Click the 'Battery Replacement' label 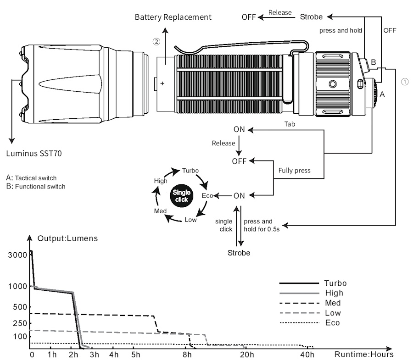(x=173, y=17)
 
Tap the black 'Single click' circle (x=181, y=195)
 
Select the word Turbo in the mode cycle (x=190, y=171)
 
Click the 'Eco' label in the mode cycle (x=207, y=195)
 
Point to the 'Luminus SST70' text (x=34, y=154)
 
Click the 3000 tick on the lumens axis (x=17, y=255)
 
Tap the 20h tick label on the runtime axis (x=246, y=354)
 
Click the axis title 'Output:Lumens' (x=68, y=238)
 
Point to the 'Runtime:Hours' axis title (x=364, y=354)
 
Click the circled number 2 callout (x=156, y=42)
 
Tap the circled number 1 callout (x=405, y=82)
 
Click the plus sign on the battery (x=162, y=83)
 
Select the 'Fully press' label (x=295, y=171)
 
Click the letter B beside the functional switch (x=374, y=62)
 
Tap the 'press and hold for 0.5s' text (x=262, y=225)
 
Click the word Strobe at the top (x=311, y=17)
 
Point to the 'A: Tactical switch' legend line (x=31, y=178)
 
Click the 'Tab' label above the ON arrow (x=290, y=124)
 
